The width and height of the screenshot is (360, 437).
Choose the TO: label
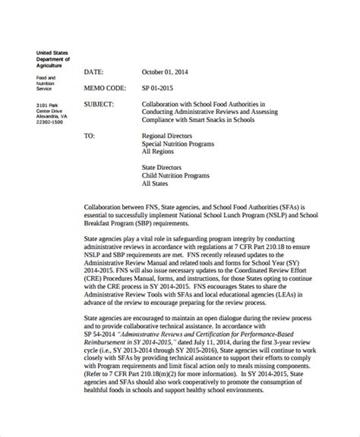click(x=90, y=137)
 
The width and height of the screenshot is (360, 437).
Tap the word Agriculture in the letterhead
click(x=52, y=65)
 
